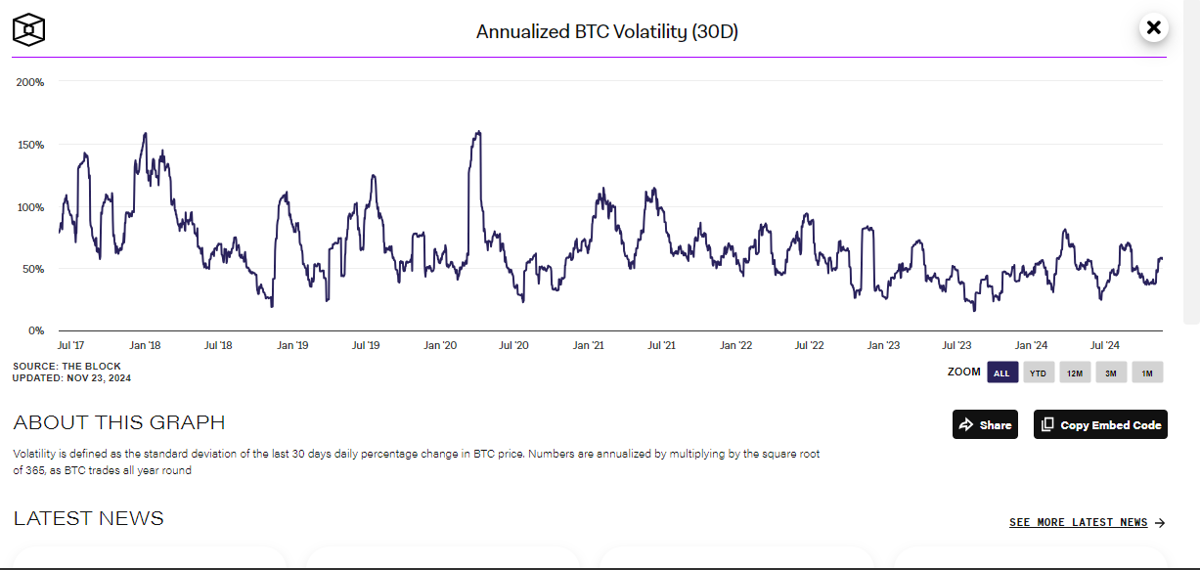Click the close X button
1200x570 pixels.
pos(1153,27)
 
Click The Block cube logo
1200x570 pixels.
pos(28,29)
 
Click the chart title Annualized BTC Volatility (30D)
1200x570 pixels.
pos(607,31)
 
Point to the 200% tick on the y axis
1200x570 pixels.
pos(30,82)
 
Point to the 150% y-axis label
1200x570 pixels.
pos(30,145)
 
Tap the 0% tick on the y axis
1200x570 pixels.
pos(36,330)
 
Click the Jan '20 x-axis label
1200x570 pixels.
pos(440,345)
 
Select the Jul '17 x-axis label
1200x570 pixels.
pos(70,345)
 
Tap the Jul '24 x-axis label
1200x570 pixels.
pos(1104,345)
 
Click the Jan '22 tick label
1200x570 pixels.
pos(735,345)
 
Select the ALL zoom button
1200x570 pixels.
pos(1002,373)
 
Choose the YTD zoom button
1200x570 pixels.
pos(1039,373)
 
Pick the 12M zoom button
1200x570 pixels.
pos(1075,373)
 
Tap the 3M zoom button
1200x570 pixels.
pos(1111,373)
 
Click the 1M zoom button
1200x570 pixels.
pos(1147,373)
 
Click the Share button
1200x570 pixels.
pos(985,425)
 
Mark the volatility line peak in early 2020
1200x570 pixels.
pos(479,132)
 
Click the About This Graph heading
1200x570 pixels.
pos(119,422)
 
